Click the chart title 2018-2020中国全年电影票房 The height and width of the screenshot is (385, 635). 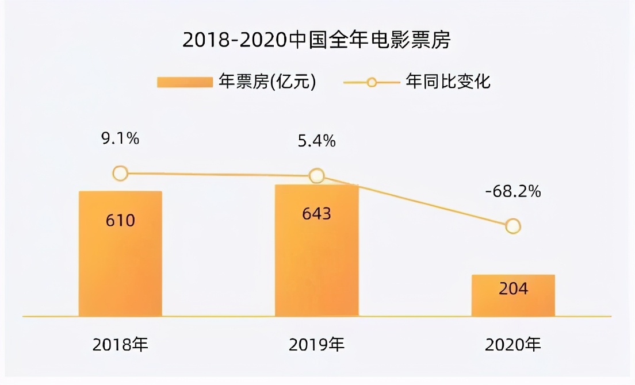(317, 41)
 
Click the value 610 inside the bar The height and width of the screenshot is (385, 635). (120, 220)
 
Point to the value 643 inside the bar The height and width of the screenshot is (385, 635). (316, 214)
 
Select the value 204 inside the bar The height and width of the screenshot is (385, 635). (513, 288)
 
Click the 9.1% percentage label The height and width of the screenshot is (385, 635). (120, 139)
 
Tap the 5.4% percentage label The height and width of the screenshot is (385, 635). (316, 141)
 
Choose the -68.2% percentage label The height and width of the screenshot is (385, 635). (513, 191)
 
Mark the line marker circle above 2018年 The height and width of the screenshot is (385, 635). (120, 173)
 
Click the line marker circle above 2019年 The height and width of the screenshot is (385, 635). (316, 175)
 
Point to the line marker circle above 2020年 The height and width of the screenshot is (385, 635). (513, 226)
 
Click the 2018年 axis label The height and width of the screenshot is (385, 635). (120, 345)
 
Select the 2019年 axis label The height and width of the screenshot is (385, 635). (316, 345)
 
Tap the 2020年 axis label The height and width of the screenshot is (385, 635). (513, 345)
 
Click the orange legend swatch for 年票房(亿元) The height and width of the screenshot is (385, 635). (184, 82)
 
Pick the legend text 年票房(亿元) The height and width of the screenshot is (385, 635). (267, 82)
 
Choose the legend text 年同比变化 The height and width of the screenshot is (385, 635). (448, 82)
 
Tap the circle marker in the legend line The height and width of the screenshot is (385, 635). (372, 82)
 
